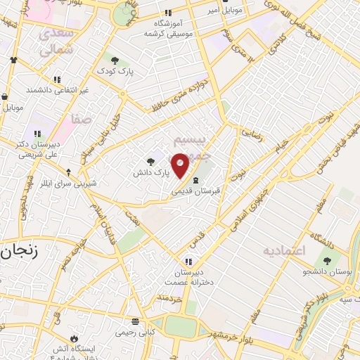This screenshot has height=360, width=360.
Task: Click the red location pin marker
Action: coord(181,165)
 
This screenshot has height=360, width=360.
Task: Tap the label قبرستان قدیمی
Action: coord(196,191)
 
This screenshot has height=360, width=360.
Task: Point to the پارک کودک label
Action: coord(116,72)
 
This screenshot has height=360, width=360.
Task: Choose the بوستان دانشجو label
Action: coord(327,271)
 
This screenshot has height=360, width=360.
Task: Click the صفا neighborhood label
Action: coord(81,120)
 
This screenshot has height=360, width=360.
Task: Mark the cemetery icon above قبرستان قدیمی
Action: coord(195,180)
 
